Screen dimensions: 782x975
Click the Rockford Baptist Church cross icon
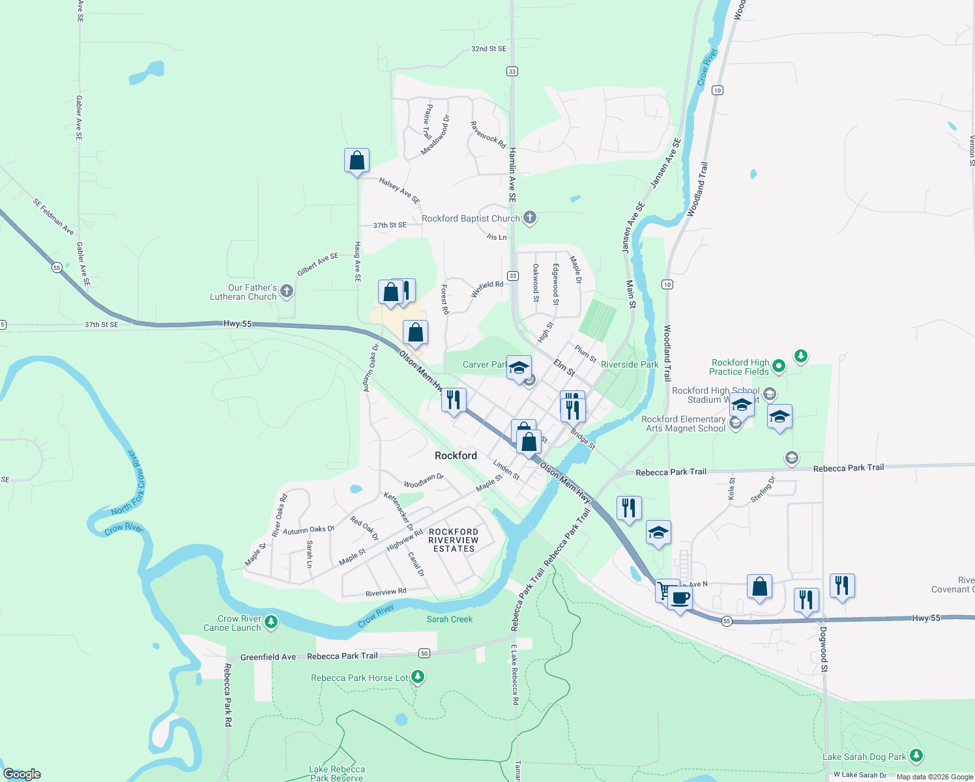coord(530,218)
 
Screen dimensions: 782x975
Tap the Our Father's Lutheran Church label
coord(244,292)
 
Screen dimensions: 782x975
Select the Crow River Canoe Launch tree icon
coord(271,622)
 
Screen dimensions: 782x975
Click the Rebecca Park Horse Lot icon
coord(418,677)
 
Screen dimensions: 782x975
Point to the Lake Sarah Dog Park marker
coord(916,755)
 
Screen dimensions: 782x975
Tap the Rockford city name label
coord(456,456)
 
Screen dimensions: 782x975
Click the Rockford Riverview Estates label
coord(454,540)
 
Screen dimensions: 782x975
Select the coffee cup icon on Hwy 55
coord(680,598)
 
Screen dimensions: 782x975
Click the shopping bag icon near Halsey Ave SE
coord(357,160)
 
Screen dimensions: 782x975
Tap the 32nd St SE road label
coord(489,49)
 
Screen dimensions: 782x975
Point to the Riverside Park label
coord(630,364)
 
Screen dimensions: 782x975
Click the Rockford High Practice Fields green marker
coord(778,366)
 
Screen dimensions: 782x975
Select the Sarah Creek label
coord(450,619)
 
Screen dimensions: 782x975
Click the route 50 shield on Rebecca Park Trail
coord(424,653)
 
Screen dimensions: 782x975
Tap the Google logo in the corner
coord(22,774)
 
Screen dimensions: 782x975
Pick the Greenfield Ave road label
coord(268,657)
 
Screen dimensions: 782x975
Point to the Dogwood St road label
coord(824,649)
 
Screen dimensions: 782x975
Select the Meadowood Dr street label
coord(435,136)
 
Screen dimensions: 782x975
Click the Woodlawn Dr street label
coord(424,481)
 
